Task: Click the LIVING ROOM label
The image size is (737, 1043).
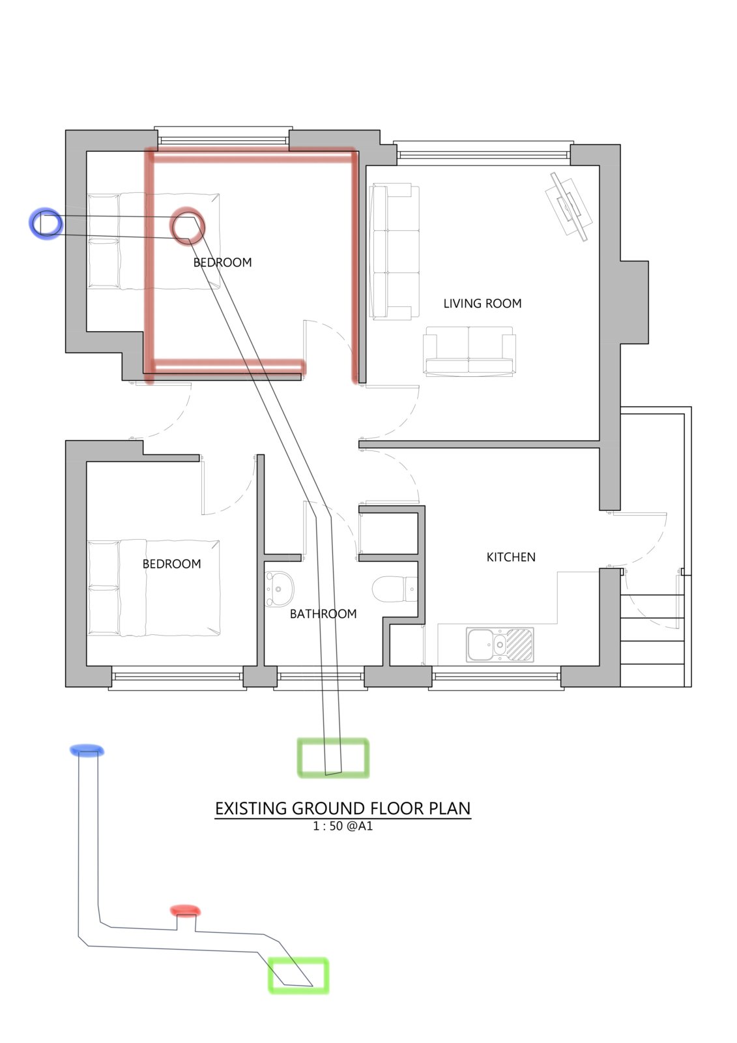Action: pos(482,304)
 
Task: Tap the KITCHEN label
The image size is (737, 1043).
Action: pos(511,557)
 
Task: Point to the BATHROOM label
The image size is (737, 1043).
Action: pos(323,613)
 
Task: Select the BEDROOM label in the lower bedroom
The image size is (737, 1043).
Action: pos(171,564)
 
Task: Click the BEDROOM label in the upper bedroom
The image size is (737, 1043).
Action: pos(223,263)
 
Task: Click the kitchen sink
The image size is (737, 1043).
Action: pos(500,645)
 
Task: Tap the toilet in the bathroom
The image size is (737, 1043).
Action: pos(395,589)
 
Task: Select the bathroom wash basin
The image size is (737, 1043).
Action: pos(279,589)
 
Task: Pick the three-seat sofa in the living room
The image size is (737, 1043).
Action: pos(394,252)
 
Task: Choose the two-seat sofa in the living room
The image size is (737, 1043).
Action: pos(469,351)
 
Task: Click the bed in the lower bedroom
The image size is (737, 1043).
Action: pos(154,588)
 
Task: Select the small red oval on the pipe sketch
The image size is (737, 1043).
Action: pos(185,910)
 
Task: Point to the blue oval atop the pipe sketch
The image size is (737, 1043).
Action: pos(87,750)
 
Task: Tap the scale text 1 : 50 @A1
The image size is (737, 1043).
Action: pos(343,826)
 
